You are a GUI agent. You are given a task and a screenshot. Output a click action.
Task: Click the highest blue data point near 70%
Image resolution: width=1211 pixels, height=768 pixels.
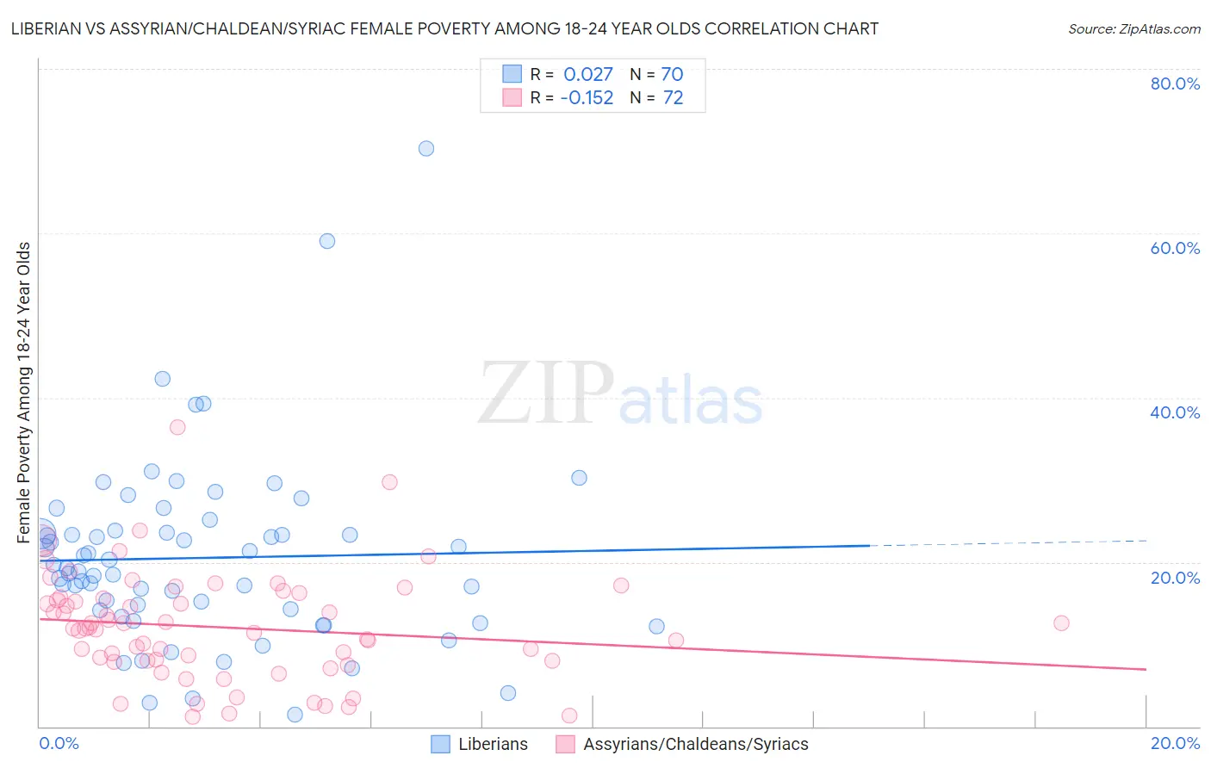pos(425,148)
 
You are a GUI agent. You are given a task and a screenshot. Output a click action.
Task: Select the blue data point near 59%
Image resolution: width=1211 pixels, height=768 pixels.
pos(327,241)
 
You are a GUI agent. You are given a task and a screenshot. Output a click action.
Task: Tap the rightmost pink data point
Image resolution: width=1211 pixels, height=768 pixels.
pos(1061,622)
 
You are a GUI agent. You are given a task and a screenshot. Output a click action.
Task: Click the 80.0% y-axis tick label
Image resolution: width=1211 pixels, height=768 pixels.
pos(1175,84)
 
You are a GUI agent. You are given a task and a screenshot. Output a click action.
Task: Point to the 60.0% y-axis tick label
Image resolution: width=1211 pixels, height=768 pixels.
pos(1175,248)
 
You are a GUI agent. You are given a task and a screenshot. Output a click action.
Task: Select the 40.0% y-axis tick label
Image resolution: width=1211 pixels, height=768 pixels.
pos(1175,412)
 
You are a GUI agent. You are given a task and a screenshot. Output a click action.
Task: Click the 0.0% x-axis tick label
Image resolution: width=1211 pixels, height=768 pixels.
pos(59,743)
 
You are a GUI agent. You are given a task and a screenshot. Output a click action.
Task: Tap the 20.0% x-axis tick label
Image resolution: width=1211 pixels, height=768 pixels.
pos(1175,743)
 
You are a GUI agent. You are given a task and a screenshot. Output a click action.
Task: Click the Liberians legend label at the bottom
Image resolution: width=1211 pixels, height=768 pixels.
pos(493,744)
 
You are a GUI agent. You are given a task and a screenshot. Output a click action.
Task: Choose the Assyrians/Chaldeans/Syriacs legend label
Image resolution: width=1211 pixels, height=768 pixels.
pos(696,744)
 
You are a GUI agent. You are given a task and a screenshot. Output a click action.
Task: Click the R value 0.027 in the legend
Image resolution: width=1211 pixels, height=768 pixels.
pos(588,74)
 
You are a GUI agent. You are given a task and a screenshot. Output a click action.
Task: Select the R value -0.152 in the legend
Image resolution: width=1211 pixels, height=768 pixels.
pos(587,98)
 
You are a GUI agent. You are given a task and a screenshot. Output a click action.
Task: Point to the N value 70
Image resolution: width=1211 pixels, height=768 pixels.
pos(672,74)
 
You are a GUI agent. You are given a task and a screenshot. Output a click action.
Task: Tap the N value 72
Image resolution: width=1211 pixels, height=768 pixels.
pos(673,98)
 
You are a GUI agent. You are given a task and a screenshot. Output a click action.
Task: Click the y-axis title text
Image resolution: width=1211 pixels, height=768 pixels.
pos(24,393)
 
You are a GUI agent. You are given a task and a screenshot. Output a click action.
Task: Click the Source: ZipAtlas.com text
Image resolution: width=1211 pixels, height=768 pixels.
pos(1133,28)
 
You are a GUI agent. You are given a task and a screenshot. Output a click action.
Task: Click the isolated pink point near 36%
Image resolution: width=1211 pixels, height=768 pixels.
pos(177,427)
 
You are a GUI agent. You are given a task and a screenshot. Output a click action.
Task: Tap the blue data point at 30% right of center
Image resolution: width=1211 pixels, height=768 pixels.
pos(579,478)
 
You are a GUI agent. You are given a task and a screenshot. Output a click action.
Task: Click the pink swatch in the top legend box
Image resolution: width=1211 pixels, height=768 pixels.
pos(512,97)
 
